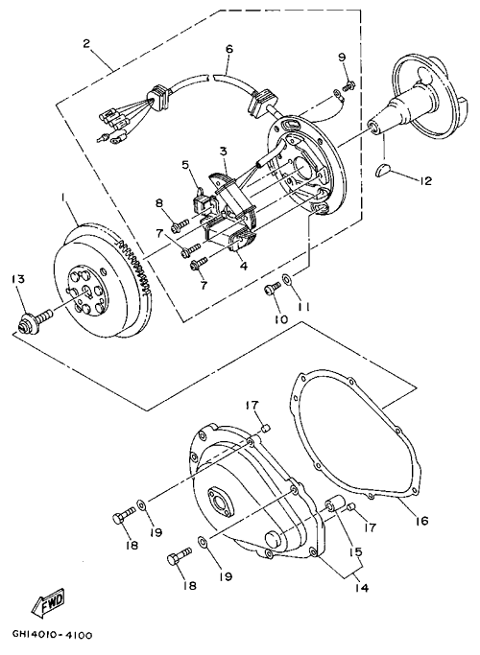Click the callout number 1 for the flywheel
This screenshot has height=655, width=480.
coord(64,202)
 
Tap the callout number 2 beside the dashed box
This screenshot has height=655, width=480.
coord(86,43)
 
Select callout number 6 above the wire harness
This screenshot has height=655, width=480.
coord(228,49)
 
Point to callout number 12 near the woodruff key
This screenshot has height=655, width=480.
coord(425,181)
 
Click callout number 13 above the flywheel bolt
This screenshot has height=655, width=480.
coord(19,279)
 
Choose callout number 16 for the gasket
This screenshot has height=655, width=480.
coord(421,521)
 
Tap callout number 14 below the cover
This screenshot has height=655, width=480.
coord(362,588)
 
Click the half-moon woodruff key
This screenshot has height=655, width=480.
coord(383,171)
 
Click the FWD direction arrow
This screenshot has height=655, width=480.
coord(49,604)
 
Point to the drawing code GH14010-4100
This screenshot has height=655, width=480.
coord(52,636)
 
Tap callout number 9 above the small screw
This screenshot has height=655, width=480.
coord(342,58)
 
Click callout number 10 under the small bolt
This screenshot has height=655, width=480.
coord(281,319)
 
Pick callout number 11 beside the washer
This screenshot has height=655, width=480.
coord(303,307)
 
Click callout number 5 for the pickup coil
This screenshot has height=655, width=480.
coord(185,165)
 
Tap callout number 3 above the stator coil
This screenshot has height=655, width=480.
coord(224,151)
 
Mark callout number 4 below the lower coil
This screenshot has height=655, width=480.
coord(244,265)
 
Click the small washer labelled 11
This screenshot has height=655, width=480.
coord(288,278)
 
